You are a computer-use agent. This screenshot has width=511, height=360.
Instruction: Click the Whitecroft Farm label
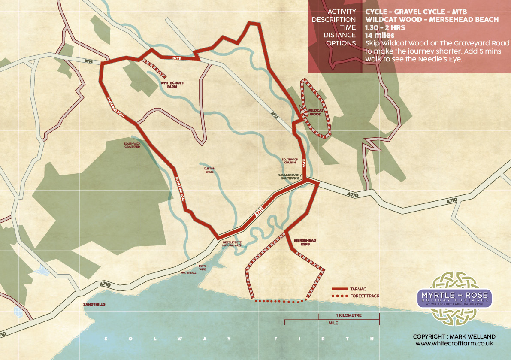click(x=169, y=84)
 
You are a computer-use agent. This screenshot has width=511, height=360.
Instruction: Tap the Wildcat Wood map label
click(x=314, y=112)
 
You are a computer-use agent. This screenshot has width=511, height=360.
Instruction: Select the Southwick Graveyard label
click(x=132, y=145)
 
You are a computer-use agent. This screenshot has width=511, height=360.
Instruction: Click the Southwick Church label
click(x=290, y=161)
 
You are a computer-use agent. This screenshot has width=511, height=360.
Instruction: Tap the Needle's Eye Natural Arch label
click(x=232, y=244)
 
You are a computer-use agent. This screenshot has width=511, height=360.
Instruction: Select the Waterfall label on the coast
click(x=188, y=273)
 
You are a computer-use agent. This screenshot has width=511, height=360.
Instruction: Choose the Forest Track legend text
click(x=365, y=296)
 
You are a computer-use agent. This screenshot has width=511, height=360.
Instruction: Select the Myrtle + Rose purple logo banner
click(x=455, y=297)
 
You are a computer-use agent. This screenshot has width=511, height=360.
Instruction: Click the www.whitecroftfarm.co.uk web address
click(x=454, y=344)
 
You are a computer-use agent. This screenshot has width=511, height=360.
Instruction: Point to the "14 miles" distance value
click(x=379, y=35)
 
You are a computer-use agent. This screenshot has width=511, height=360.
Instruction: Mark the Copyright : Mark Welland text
click(x=454, y=336)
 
